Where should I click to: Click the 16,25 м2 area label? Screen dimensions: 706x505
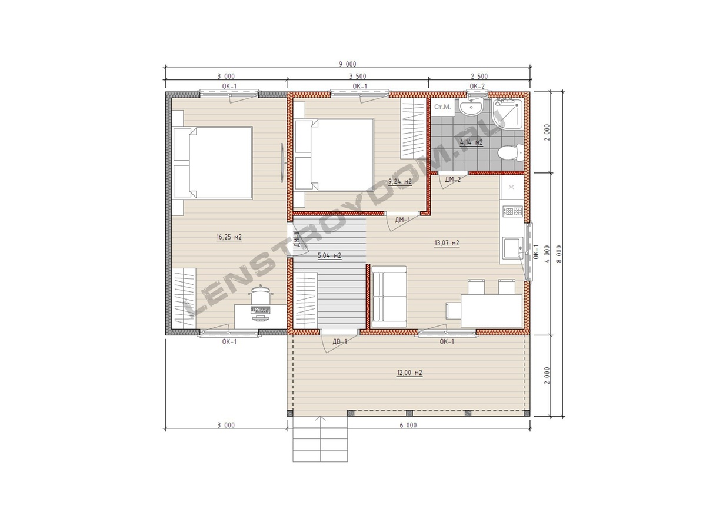pyautogui.click(x=229, y=237)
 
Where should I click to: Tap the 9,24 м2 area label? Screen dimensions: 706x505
pyautogui.click(x=400, y=181)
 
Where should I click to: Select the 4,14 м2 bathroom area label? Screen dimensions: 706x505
pyautogui.click(x=471, y=142)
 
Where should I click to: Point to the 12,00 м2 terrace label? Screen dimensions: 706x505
pyautogui.click(x=409, y=373)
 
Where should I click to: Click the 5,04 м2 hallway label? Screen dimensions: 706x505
pyautogui.click(x=329, y=255)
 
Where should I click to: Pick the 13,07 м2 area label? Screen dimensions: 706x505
pyautogui.click(x=447, y=243)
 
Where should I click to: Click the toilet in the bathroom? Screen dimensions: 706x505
pyautogui.click(x=510, y=153)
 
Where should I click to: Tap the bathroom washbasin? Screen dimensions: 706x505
pyautogui.click(x=471, y=108)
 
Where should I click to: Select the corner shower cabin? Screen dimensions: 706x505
pyautogui.click(x=507, y=114)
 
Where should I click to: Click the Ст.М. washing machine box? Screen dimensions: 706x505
pyautogui.click(x=442, y=107)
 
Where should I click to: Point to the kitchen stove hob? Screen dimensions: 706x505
pyautogui.click(x=512, y=211)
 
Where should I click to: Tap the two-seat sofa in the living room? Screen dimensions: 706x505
pyautogui.click(x=389, y=297)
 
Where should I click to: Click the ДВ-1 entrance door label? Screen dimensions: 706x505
pyautogui.click(x=340, y=342)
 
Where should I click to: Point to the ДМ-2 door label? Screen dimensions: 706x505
pyautogui.click(x=453, y=180)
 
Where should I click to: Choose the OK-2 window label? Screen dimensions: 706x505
pyautogui.click(x=477, y=86)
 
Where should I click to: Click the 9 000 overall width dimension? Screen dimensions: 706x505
pyautogui.click(x=348, y=64)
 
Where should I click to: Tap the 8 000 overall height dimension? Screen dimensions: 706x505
pyautogui.click(x=559, y=254)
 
